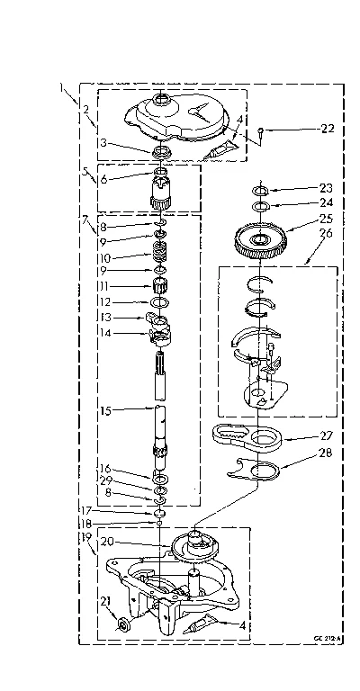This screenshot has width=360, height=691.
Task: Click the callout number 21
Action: (104, 602)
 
